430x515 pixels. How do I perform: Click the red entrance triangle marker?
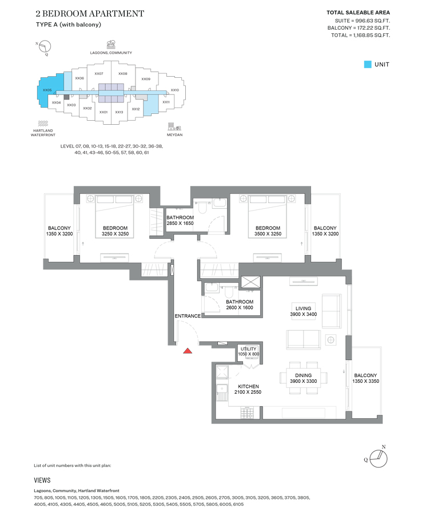[188, 351]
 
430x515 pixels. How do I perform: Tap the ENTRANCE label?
[188, 316]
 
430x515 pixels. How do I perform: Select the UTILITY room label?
[249, 349]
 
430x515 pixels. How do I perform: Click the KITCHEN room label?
[249, 386]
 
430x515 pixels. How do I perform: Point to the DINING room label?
[303, 375]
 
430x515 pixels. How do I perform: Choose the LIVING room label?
[303, 308]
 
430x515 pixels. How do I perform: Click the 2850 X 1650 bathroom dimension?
[180, 223]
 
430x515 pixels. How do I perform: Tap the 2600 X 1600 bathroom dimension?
[240, 308]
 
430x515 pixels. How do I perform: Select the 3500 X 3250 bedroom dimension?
[268, 234]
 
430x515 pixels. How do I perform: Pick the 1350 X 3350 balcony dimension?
[365, 381]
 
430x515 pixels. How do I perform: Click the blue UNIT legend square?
[368, 64]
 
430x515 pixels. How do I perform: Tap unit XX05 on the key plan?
[47, 90]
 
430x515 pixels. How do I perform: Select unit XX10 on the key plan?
[174, 90]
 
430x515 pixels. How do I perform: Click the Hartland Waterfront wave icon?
[43, 124]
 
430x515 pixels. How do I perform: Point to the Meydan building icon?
[174, 126]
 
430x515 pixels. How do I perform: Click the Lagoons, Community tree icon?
[111, 45]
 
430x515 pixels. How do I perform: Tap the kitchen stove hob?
[247, 413]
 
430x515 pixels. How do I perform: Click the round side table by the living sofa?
[331, 340]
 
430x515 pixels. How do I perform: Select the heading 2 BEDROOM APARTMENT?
[90, 14]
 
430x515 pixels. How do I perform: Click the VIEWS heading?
[42, 481]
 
